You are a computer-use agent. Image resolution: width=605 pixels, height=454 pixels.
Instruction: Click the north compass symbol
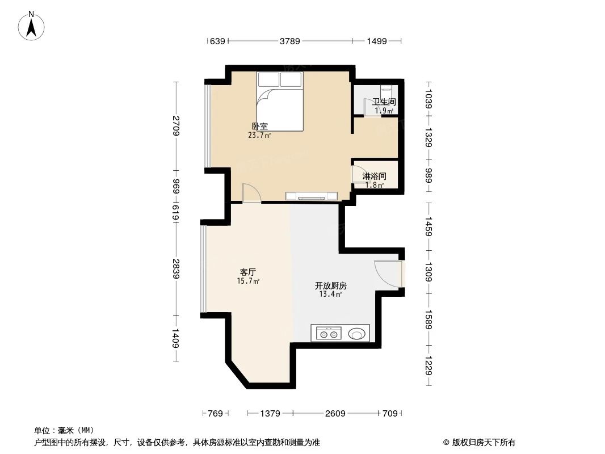(32, 25)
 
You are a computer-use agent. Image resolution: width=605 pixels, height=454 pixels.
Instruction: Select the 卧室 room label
(259, 127)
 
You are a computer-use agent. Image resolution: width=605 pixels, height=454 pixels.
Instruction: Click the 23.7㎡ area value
(259, 136)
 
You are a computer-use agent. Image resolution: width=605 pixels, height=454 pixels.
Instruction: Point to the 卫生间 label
(384, 102)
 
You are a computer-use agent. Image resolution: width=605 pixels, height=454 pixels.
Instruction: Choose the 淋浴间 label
(374, 176)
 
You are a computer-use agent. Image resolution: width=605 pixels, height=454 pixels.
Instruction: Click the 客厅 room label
(248, 272)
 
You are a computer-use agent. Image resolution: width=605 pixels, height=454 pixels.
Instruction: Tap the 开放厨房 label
(330, 285)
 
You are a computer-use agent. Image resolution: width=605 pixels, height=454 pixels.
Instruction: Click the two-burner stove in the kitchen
(327, 334)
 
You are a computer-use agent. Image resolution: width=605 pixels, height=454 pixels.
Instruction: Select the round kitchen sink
(357, 334)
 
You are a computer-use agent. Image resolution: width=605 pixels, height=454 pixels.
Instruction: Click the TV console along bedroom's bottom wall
(312, 196)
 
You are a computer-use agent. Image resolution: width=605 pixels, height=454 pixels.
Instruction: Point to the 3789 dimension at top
(289, 41)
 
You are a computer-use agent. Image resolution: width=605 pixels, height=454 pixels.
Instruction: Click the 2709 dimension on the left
(177, 125)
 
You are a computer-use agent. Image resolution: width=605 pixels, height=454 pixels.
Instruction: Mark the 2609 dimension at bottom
(335, 414)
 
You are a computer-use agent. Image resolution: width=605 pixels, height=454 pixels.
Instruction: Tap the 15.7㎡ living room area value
(248, 281)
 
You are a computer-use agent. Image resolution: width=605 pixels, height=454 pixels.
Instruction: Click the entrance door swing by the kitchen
(387, 272)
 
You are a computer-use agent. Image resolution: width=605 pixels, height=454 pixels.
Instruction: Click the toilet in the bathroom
(386, 91)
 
